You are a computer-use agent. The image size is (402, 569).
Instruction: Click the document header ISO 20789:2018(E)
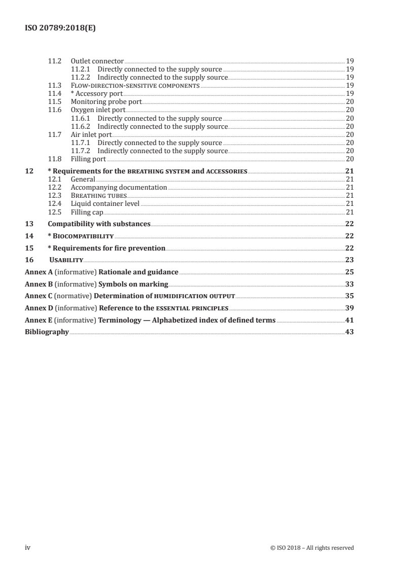tap(60, 29)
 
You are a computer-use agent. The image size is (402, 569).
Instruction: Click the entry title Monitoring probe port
tap(106, 101)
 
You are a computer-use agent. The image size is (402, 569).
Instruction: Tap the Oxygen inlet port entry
tap(98, 110)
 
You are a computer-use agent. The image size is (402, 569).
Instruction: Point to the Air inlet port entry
tap(91, 134)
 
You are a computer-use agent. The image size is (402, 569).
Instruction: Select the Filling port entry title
tap(88, 159)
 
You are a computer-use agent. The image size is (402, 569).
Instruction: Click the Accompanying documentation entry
tap(119, 187)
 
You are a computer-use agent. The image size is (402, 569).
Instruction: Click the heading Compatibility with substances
tap(99, 224)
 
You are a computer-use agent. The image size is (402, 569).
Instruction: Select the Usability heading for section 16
tap(66, 260)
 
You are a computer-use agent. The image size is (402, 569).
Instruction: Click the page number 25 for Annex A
tap(349, 272)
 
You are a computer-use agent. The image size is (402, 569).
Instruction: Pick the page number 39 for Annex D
tap(349, 308)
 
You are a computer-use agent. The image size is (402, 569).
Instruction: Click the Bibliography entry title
tap(47, 332)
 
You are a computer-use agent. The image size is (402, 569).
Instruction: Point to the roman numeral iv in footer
tap(28, 547)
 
